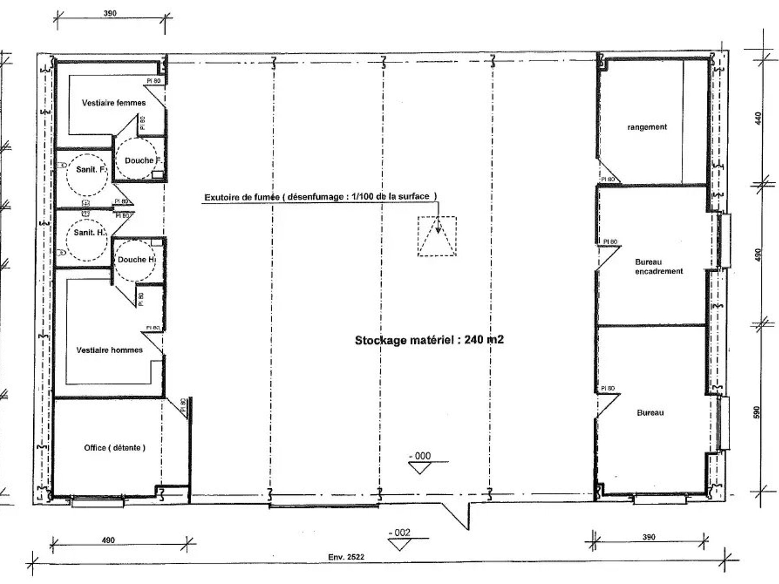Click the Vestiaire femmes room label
[114, 103]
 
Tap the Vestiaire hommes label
[110, 350]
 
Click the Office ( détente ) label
[115, 448]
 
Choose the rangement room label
[647, 127]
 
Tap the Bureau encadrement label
[659, 266]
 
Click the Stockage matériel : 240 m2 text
[429, 340]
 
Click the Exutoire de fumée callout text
[321, 197]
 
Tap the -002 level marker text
[399, 532]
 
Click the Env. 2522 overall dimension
[346, 557]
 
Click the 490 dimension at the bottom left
[108, 540]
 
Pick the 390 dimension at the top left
[110, 13]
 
